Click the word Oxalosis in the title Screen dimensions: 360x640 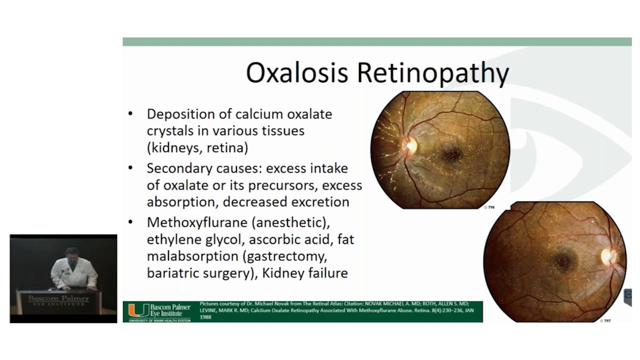coord(296,73)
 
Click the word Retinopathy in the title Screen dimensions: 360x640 coord(432,73)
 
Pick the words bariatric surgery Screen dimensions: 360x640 coord(198,273)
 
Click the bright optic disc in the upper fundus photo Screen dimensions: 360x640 coord(411,145)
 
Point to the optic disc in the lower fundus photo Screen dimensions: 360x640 coord(608,256)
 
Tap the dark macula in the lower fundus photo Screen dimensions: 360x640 coord(563,260)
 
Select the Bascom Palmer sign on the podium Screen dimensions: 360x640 coord(58,300)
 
